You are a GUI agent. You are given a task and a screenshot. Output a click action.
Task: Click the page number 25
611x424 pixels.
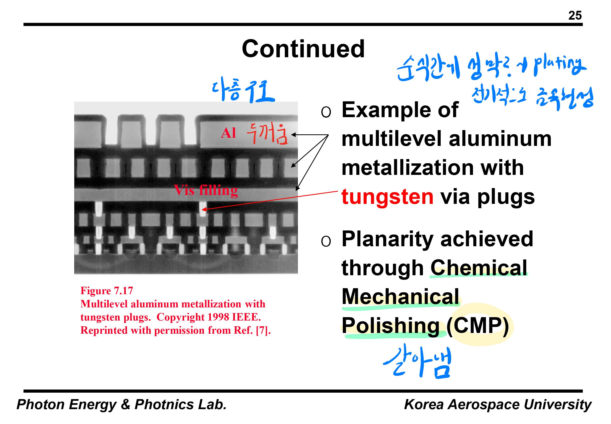click(575, 15)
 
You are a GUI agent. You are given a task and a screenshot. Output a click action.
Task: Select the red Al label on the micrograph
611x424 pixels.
click(228, 133)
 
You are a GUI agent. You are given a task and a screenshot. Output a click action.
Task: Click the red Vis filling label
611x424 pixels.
click(206, 190)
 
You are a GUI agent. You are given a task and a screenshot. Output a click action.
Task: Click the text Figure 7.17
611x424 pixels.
click(107, 291)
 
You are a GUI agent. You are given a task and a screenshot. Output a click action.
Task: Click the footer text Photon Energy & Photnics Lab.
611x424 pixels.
click(121, 404)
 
